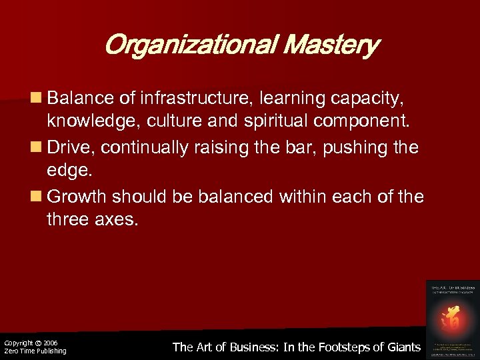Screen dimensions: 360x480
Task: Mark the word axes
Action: click(x=115, y=219)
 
